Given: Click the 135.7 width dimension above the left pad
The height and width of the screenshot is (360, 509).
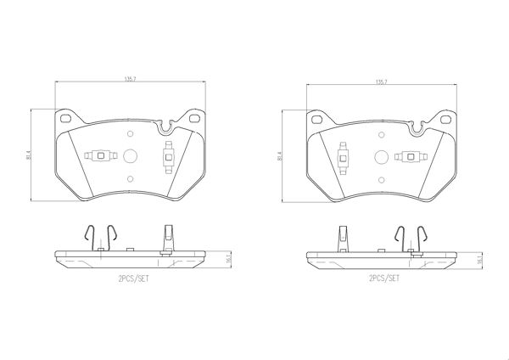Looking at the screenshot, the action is [x=130, y=79].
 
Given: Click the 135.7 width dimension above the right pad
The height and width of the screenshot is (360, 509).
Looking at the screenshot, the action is [x=382, y=82].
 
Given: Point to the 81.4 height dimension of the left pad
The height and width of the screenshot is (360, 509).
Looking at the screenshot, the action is [x=29, y=155].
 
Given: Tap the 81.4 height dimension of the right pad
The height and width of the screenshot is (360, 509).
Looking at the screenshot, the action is [x=279, y=156].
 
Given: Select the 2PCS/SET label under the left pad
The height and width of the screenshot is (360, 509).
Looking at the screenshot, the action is [x=133, y=278].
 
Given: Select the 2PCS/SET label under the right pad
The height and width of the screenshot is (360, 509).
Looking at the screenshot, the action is [x=384, y=278].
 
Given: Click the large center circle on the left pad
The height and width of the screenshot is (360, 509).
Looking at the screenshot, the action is [x=131, y=156].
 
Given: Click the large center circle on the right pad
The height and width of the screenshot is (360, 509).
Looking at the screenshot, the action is [x=382, y=157].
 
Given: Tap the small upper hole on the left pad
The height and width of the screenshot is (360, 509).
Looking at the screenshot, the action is [x=131, y=133].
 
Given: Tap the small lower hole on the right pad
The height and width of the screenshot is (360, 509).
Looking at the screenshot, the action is [x=382, y=180].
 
